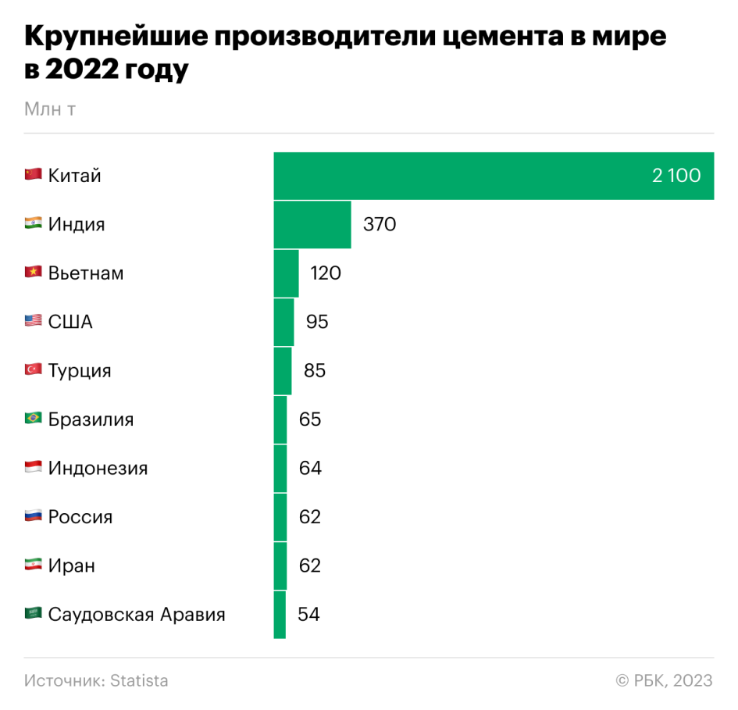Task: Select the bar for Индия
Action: click(312, 225)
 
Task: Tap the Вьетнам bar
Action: click(286, 273)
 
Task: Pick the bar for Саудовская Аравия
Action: click(280, 615)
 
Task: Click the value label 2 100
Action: click(676, 176)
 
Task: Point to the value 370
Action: click(380, 225)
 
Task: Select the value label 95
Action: click(317, 322)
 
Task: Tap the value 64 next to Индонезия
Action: click(310, 468)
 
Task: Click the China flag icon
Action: click(33, 175)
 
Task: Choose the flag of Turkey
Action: click(33, 370)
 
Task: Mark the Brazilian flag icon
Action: click(33, 419)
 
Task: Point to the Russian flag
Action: click(33, 516)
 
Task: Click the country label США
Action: click(70, 322)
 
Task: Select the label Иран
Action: click(72, 566)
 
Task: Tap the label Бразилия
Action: click(91, 419)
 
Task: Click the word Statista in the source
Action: click(139, 680)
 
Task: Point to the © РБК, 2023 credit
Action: click(664, 680)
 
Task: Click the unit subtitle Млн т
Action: click(49, 109)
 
